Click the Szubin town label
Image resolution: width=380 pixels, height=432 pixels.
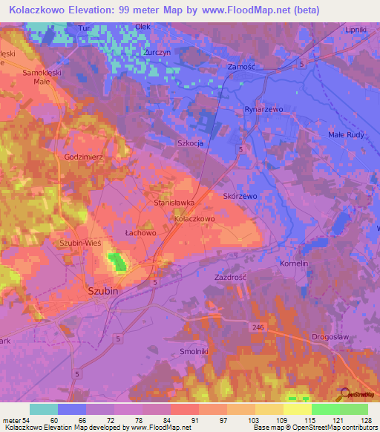103,292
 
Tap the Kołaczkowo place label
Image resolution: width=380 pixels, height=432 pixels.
194,220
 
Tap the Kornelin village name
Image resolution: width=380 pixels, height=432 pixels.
294,264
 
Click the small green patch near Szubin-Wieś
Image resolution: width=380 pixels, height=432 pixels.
117,261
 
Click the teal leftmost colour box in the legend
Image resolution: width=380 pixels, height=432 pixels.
43,409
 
